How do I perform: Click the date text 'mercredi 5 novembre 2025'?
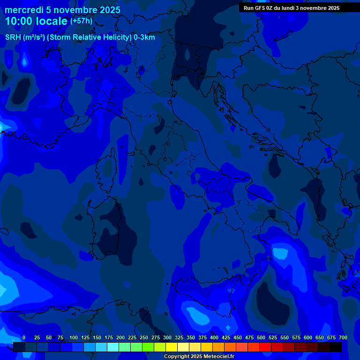click(x=62, y=10)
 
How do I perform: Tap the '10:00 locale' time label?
click(x=36, y=21)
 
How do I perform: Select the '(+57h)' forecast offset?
click(x=81, y=21)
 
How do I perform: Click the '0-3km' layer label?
click(x=144, y=37)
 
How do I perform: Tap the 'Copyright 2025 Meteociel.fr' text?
click(x=199, y=357)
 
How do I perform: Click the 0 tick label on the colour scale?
click(x=24, y=337)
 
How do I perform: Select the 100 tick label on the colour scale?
click(x=74, y=337)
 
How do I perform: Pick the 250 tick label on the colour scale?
click(x=144, y=337)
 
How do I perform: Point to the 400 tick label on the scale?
click(x=214, y=337)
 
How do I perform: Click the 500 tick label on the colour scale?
click(x=261, y=337)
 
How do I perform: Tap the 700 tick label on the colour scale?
click(x=343, y=337)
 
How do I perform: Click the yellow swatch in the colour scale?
click(x=172, y=347)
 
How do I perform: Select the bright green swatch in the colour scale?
click(x=148, y=347)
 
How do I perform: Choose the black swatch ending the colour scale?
click(x=336, y=347)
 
